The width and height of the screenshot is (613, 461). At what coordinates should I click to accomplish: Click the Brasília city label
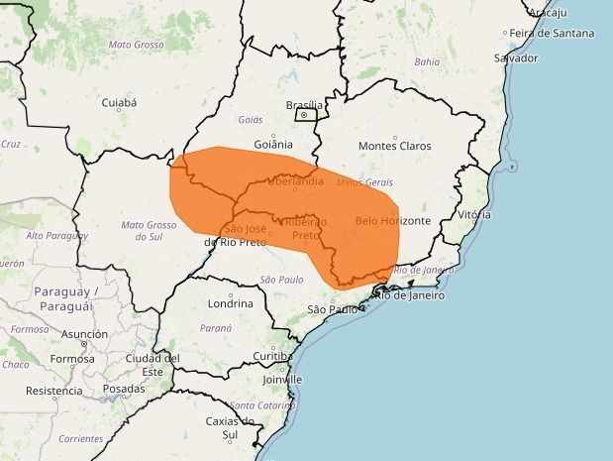pos(304,104)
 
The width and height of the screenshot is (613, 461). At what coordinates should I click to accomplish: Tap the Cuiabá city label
pos(118,102)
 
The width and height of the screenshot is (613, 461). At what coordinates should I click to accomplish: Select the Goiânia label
pos(273,143)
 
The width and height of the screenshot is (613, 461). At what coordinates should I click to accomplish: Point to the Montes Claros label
pos(394,146)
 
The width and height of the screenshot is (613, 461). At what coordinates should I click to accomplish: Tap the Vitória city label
pos(474,214)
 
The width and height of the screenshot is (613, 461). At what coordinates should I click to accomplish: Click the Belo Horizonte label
pos(392,220)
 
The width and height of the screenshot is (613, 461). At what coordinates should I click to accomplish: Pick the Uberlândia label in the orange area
pos(294,181)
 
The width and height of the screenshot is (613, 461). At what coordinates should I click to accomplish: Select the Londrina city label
pos(231,303)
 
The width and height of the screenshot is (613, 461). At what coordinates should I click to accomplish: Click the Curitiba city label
pos(271,355)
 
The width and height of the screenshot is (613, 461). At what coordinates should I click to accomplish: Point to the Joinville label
pos(282,379)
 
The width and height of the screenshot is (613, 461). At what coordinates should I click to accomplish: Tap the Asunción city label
pos(84,334)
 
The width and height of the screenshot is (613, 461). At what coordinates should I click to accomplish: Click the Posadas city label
pos(123,389)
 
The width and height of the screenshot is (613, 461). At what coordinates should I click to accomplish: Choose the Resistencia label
pos(53,391)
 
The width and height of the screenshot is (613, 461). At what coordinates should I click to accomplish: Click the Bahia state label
pos(427,61)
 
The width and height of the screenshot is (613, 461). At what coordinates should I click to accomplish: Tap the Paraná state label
pos(216,327)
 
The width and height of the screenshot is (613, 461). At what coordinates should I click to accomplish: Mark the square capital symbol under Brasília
pos(305,115)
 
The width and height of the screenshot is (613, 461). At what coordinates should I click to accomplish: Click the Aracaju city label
pos(547,12)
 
